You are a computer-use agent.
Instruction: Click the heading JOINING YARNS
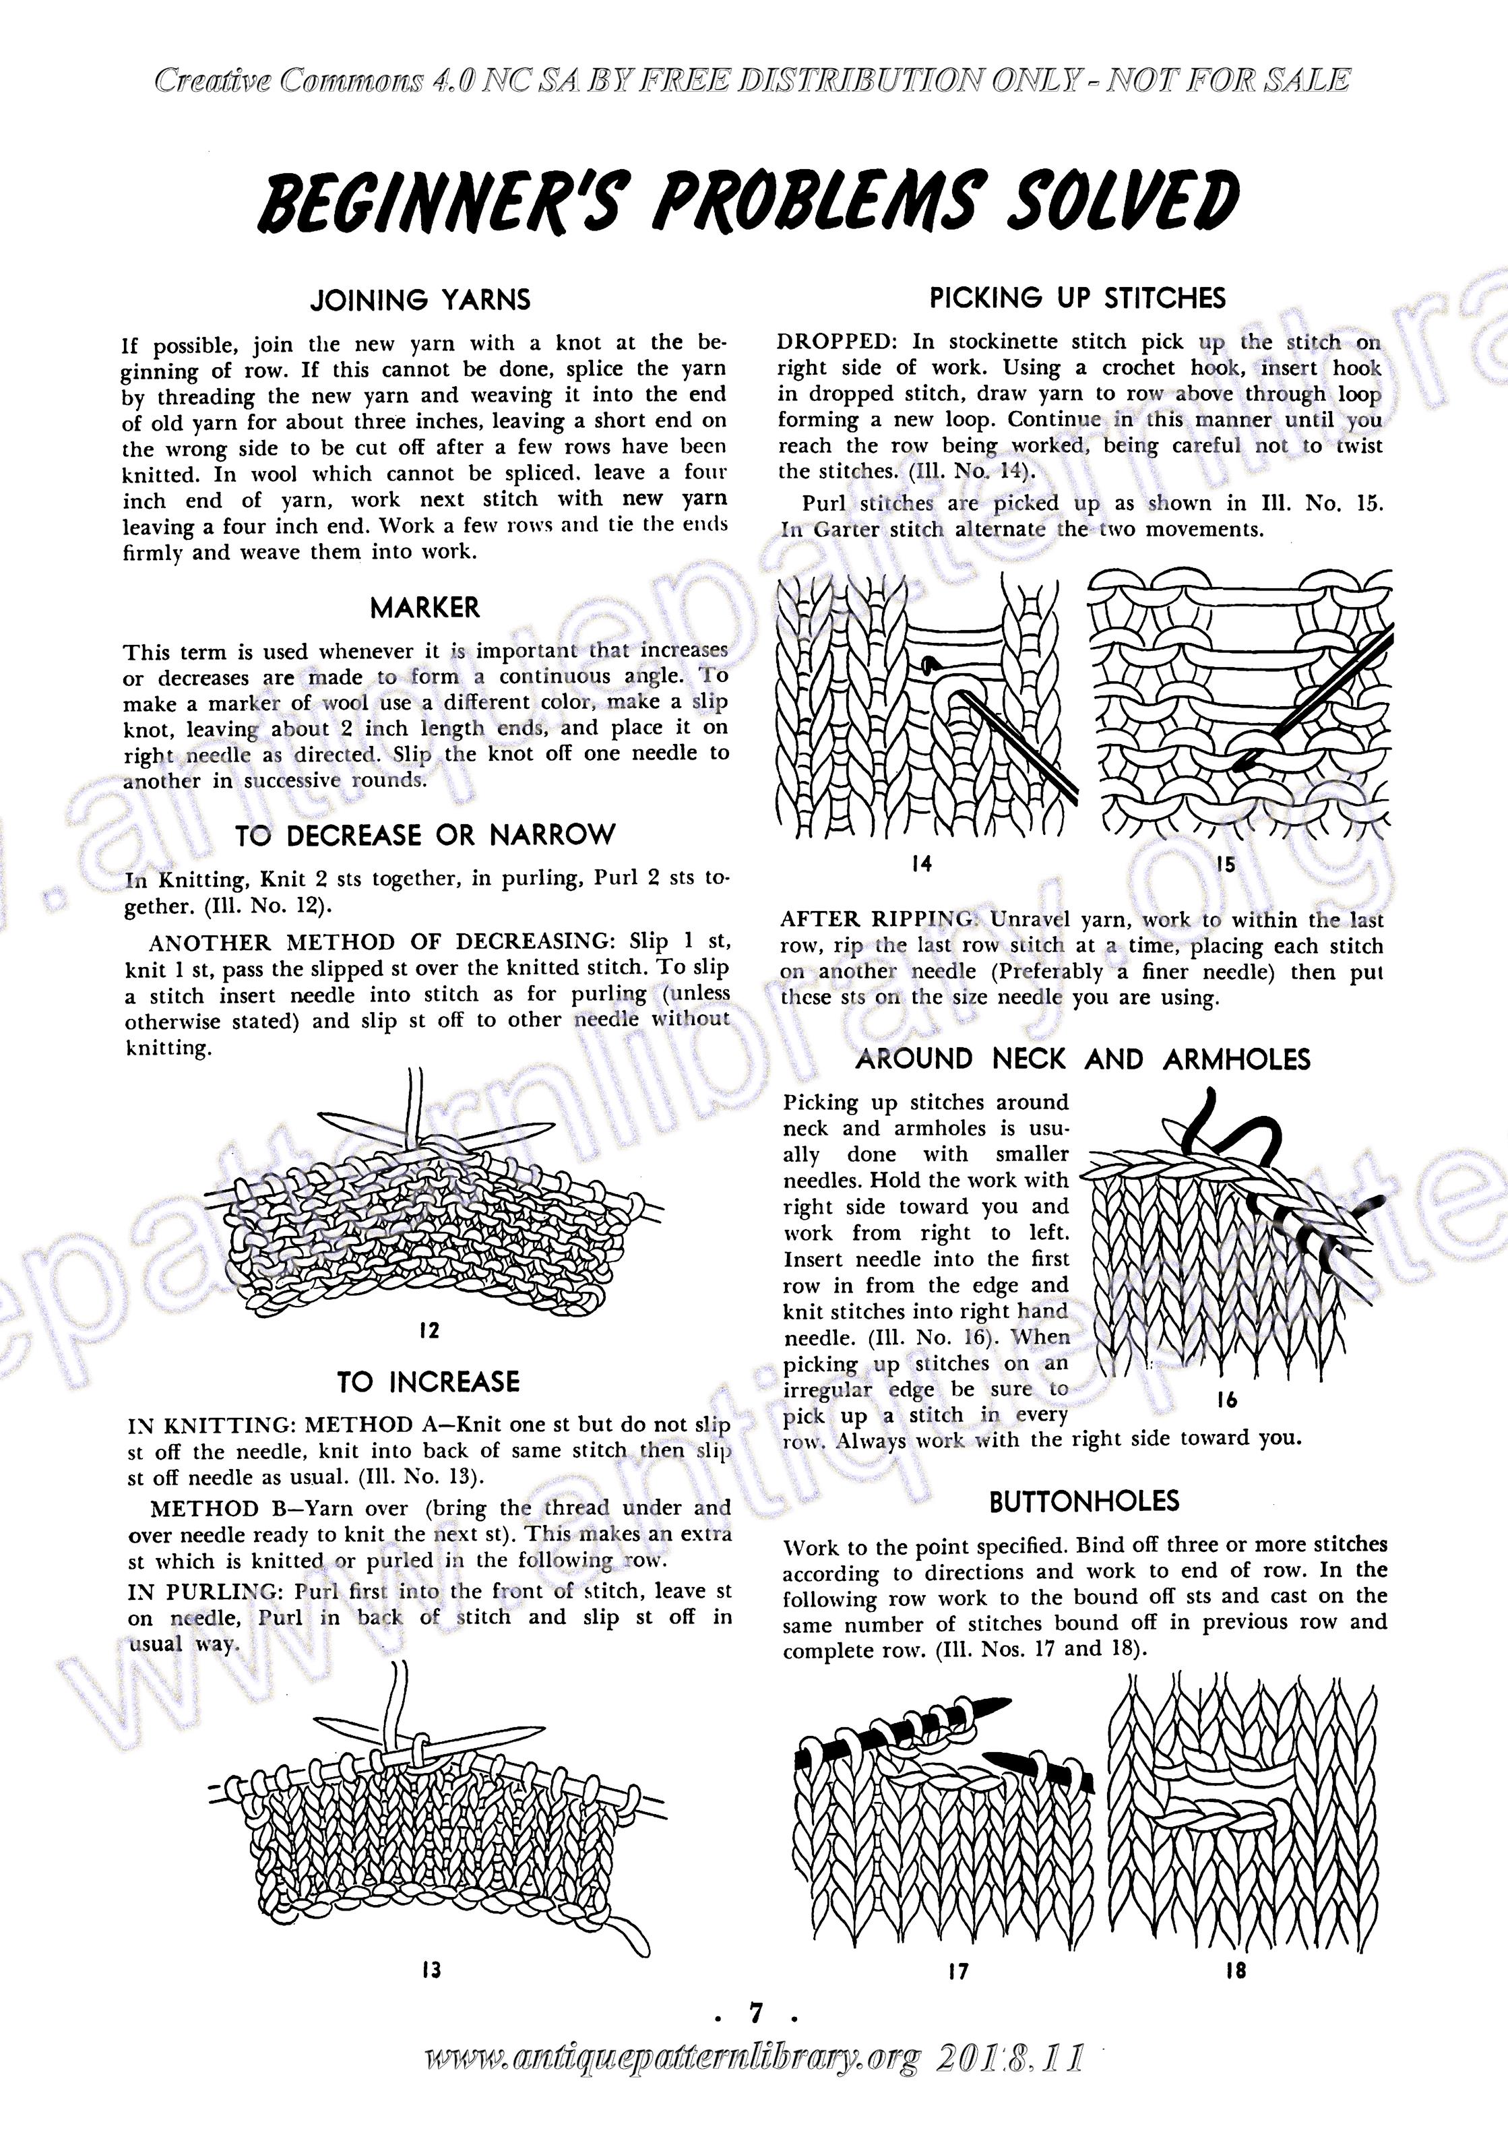[420, 300]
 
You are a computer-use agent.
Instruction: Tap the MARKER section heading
[425, 608]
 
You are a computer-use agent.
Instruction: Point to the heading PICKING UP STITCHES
[1076, 299]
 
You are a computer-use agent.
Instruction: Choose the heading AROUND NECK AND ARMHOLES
[1083, 1059]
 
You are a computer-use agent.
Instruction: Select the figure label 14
[921, 864]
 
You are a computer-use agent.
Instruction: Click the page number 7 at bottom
[753, 2016]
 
